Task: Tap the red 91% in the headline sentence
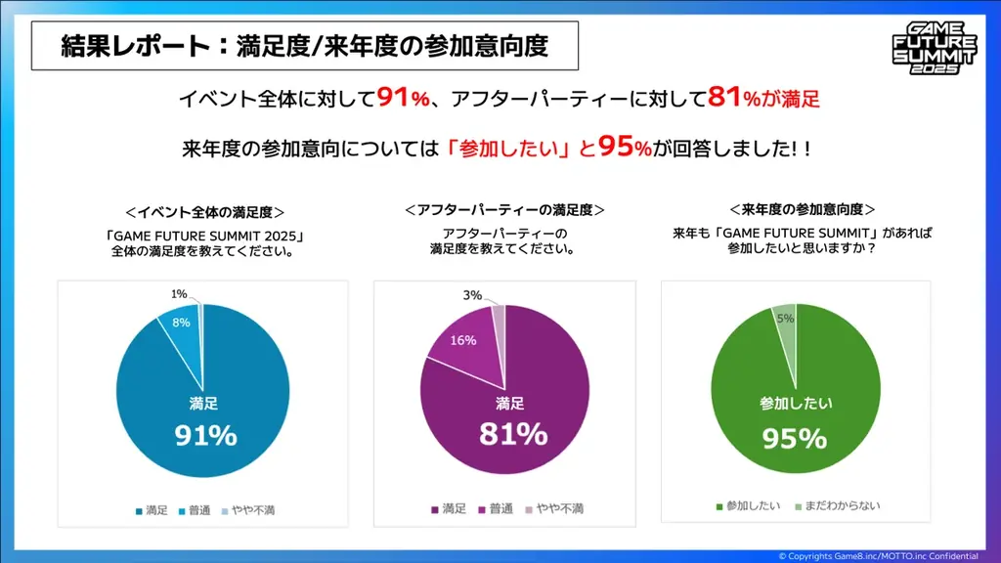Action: [404, 99]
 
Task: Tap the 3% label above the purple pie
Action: [473, 295]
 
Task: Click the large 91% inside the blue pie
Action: [205, 435]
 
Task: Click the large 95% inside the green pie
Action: [794, 439]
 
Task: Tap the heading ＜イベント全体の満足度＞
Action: [205, 211]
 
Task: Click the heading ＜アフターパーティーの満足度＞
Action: [504, 211]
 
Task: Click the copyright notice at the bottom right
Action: [886, 555]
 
